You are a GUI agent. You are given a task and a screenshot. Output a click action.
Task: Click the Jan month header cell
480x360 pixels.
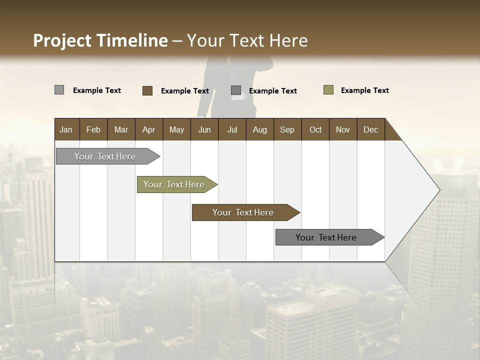pos(66,129)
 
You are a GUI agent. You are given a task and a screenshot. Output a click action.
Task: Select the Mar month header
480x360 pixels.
pos(121,129)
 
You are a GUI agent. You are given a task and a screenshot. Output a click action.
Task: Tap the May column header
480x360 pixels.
pos(176,129)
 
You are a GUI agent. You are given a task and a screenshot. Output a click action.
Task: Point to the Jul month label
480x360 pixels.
pos(232,129)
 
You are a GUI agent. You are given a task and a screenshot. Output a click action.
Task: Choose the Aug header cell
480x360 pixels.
pos(259,129)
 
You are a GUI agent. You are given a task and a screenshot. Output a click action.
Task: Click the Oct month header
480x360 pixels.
pos(315,129)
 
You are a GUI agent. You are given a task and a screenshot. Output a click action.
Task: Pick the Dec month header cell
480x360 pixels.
pos(370,129)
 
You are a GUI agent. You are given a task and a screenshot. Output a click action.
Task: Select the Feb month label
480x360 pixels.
pos(93,129)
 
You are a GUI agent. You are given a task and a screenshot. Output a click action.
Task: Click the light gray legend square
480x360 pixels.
pos(59,90)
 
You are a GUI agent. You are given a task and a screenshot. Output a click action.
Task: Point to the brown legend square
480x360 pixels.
pos(147,90)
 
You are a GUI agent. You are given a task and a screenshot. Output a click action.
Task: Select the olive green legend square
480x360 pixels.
pos(328,90)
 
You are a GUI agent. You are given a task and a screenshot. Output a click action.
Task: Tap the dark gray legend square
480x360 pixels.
pos(236,90)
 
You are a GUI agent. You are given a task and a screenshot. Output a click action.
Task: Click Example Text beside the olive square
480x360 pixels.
pos(364,90)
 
